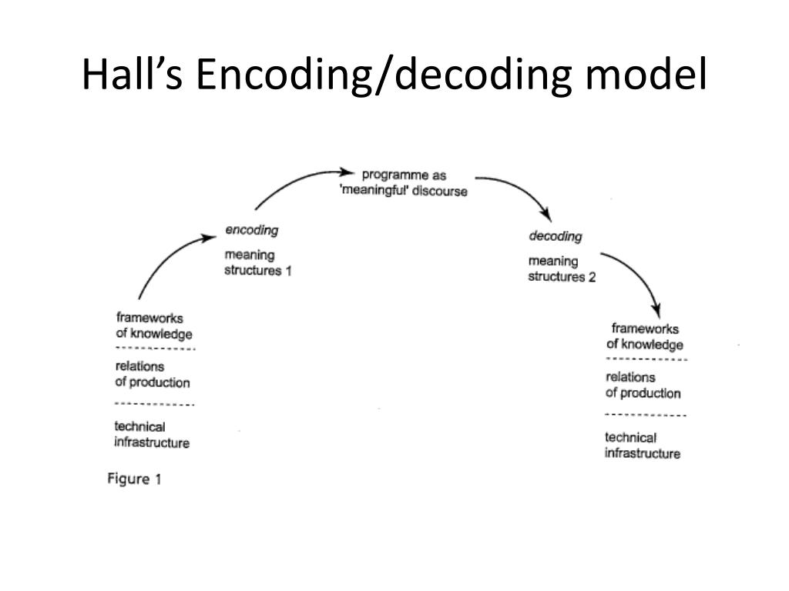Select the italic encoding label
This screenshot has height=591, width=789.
click(252, 230)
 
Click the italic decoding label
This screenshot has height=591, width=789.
click(556, 236)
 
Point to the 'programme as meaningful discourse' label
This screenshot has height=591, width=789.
click(404, 183)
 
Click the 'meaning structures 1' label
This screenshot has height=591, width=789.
click(257, 262)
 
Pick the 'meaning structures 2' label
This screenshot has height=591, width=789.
click(562, 269)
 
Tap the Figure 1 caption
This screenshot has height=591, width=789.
click(134, 479)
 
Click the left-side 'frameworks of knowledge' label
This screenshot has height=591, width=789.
click(154, 326)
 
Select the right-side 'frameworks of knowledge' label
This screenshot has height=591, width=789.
click(645, 336)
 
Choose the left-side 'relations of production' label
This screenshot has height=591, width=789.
click(153, 375)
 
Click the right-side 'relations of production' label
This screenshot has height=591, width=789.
click(643, 385)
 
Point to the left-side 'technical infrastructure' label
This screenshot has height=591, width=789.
click(152, 435)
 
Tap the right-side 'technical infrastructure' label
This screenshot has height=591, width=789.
click(643, 446)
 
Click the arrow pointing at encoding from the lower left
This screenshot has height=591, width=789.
click(169, 256)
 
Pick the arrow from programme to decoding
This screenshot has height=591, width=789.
click(522, 189)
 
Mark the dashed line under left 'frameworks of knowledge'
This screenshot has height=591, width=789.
click(155, 349)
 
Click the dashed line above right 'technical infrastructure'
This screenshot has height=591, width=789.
click(646, 415)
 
